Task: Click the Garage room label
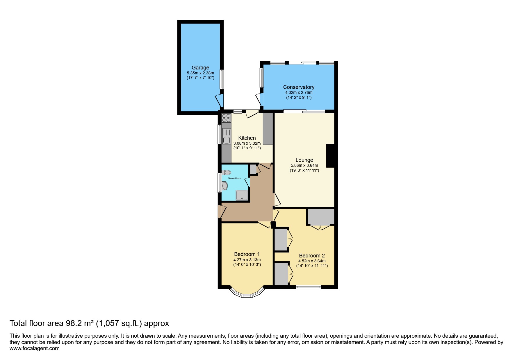(x=200, y=68)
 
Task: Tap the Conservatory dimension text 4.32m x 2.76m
(x=299, y=92)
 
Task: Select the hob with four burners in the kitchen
(x=226, y=118)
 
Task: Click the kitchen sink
(x=226, y=137)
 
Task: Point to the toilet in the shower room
(x=226, y=173)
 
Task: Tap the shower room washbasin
(x=224, y=186)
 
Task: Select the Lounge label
(x=304, y=160)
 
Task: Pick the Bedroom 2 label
(x=312, y=256)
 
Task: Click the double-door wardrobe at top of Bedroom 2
(x=321, y=217)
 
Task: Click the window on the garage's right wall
(x=222, y=79)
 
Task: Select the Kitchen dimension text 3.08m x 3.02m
(x=247, y=143)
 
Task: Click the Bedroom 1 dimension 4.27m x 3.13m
(x=247, y=260)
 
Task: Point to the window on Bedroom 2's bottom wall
(x=308, y=287)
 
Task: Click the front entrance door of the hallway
(x=221, y=212)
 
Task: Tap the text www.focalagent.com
(x=35, y=348)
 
